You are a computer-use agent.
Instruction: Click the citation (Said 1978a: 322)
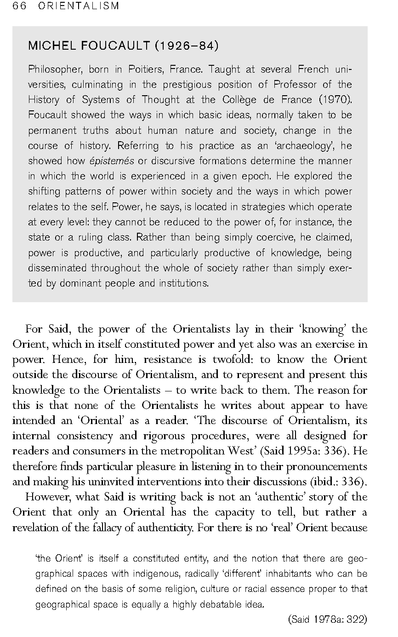[327, 620]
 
